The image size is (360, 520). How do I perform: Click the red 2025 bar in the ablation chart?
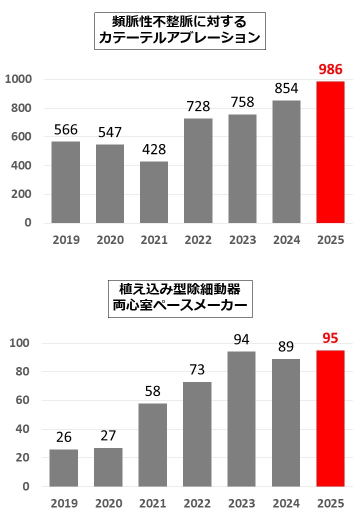click(330, 152)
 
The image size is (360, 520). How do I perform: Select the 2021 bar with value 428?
click(154, 192)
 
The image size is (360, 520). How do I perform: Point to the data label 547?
click(110, 132)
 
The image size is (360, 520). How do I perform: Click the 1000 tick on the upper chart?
click(18, 79)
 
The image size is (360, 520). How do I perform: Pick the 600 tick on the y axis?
click(21, 137)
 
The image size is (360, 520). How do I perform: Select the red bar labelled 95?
click(330, 418)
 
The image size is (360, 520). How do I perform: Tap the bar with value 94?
click(241, 419)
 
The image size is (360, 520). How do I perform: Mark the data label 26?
click(64, 437)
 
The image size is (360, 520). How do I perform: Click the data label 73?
click(197, 370)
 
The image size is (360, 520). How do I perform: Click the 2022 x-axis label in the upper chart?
click(198, 240)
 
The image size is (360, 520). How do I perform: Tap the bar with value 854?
click(286, 161)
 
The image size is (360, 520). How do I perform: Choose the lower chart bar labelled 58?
click(153, 444)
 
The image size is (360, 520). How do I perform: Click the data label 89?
click(286, 347)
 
